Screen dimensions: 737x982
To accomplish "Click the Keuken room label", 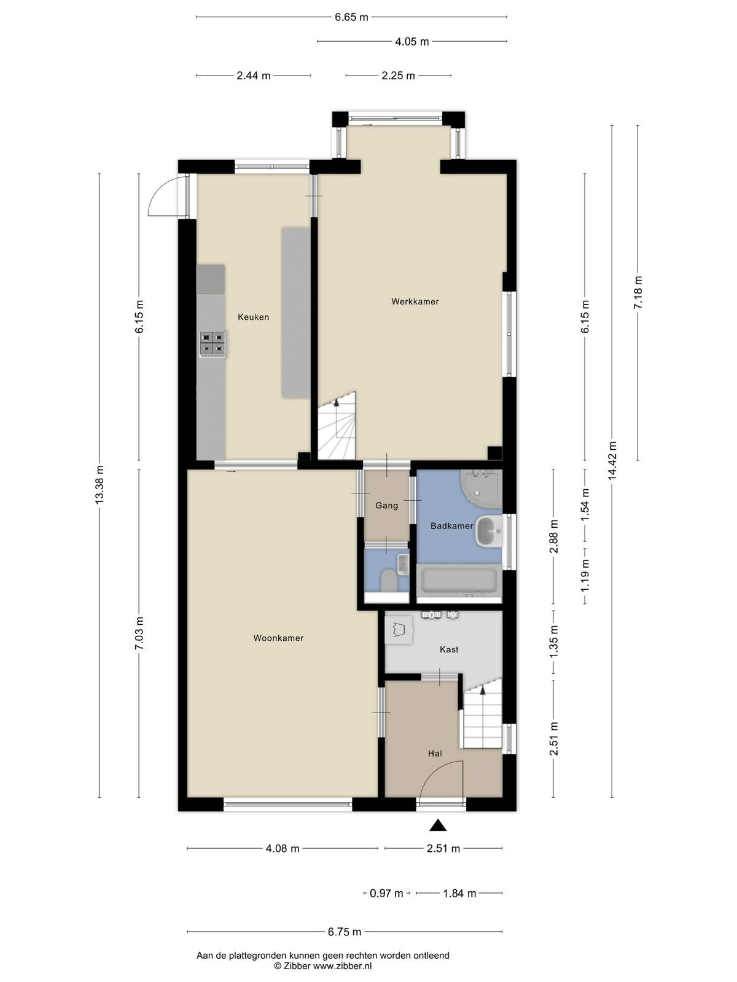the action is click(253, 317).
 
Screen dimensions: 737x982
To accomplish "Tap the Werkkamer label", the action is click(415, 301).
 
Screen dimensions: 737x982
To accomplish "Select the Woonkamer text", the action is click(278, 638).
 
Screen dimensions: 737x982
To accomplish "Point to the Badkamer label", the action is click(451, 526).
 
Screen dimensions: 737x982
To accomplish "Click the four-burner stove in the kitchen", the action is click(213, 344).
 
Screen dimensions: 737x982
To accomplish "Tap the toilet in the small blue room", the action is click(388, 581).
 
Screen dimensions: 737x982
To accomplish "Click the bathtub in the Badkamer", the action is click(459, 581).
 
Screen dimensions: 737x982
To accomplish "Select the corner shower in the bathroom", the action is click(482, 489).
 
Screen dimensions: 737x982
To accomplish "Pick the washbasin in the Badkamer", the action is click(488, 531).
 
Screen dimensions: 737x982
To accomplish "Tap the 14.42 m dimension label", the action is click(612, 460).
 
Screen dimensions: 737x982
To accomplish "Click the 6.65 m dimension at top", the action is click(351, 17).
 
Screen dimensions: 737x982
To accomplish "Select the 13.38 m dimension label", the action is click(99, 485).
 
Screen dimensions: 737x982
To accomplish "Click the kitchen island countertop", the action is click(296, 312).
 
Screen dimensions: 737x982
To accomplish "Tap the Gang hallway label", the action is click(387, 506).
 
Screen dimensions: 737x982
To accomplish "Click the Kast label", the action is click(449, 649).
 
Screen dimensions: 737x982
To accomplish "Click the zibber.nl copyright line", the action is click(322, 966).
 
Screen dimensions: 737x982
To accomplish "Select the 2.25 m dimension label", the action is click(398, 75).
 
